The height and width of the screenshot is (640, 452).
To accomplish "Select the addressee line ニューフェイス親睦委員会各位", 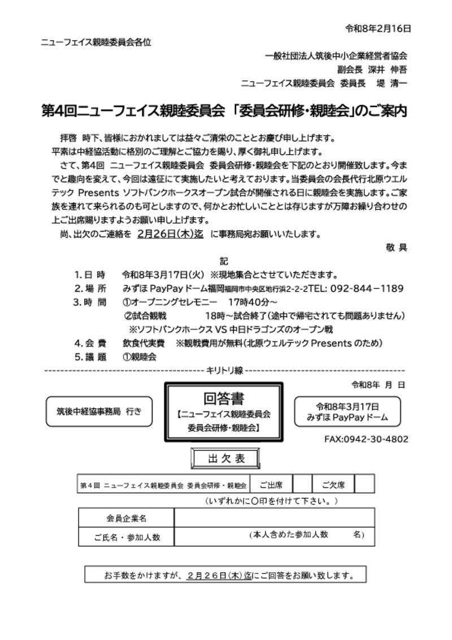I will pos(96,42).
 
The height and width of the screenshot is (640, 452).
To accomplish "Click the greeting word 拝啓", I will pos(68,139).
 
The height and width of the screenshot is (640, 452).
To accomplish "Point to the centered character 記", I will pos(224,261).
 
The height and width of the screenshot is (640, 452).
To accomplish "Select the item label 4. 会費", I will pos(90,343).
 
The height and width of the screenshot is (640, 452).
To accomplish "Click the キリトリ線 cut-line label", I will pos(224,370).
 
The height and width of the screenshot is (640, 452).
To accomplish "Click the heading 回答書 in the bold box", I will pos(224,399).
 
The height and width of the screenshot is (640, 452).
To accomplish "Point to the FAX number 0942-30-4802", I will pos(366,439).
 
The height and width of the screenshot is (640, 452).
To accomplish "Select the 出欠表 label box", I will pos(226,458).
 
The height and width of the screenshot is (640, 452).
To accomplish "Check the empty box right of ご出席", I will pos(302,484).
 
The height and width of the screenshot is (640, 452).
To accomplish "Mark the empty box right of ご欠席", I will pos(364,484).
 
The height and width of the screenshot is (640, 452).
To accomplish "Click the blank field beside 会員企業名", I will pos(274,518).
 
